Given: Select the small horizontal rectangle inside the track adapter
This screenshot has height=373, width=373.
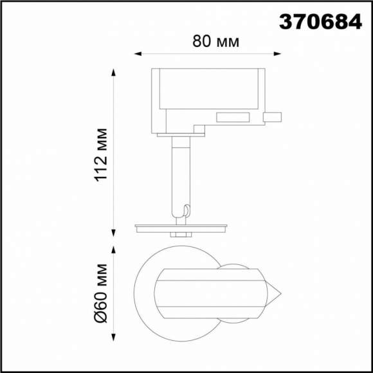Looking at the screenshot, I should coord(233,117).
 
